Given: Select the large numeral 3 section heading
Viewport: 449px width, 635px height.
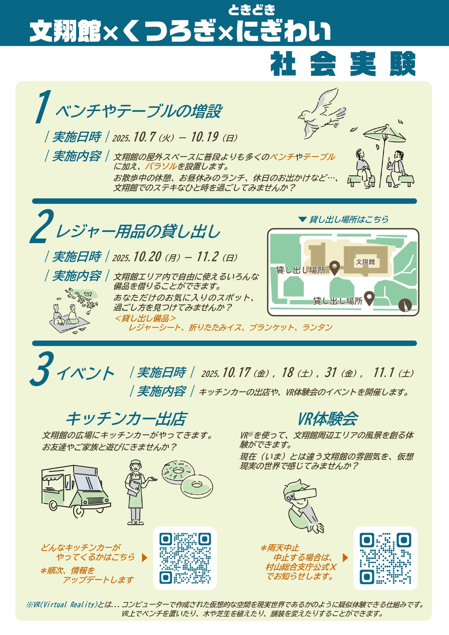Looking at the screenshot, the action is click(42, 368).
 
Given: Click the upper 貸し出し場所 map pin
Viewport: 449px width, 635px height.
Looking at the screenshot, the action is click(335, 268).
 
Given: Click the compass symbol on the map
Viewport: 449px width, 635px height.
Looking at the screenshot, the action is click(405, 305).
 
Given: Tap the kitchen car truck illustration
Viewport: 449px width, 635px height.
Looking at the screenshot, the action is click(76, 490).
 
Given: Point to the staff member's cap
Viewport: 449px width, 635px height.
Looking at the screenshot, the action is click(136, 463).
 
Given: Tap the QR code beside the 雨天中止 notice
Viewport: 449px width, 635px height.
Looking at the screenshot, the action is click(385, 558).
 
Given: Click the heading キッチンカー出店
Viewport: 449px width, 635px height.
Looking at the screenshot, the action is click(126, 419).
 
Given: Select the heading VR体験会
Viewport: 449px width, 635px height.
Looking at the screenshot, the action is click(328, 419).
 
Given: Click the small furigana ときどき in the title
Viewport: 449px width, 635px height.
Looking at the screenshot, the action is click(251, 10).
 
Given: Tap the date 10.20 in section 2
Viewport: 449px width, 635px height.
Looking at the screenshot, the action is click(147, 257).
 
